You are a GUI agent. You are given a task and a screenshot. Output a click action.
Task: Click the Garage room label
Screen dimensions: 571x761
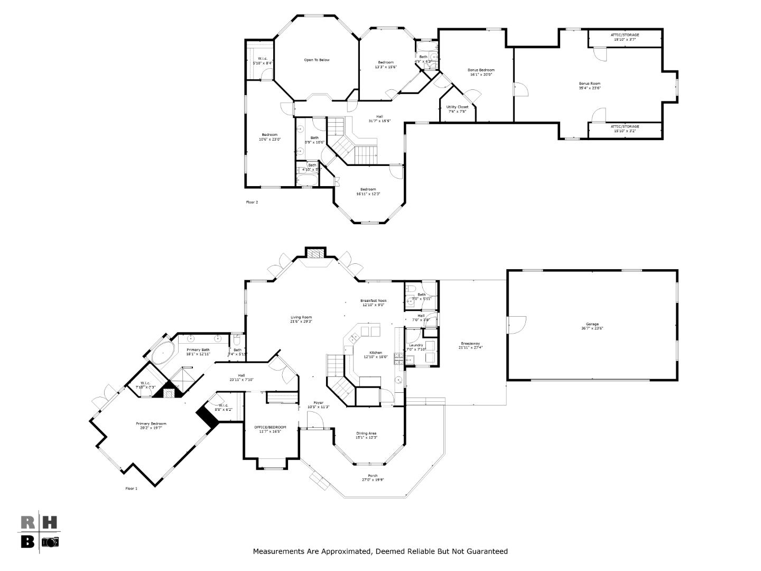pos(592,324)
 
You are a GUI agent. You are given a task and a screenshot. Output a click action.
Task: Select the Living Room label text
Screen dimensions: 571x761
pos(301,317)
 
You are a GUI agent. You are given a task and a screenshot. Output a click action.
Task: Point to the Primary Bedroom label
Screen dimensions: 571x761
pos(151,423)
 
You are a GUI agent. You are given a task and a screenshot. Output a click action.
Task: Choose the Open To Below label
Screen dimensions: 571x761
pos(317,60)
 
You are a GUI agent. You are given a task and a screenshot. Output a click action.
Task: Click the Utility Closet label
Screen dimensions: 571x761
pos(457,107)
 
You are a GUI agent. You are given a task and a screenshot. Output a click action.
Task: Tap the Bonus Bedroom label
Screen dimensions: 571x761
pos(481,70)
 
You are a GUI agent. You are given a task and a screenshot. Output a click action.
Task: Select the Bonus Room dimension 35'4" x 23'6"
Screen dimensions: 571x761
pos(590,88)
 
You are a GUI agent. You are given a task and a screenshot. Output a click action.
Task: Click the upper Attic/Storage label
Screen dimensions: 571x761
pos(625,35)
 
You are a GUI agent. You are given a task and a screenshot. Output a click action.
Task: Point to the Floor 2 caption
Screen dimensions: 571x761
pos(252,202)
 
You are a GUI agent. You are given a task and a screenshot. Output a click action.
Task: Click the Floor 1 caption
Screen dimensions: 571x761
pos(131,489)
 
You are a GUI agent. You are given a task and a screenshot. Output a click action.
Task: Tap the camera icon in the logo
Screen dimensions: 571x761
pos(51,541)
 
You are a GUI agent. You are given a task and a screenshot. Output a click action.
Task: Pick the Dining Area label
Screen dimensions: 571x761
pos(366,434)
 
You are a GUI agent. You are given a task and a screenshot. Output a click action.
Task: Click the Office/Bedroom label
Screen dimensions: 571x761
pos(270,427)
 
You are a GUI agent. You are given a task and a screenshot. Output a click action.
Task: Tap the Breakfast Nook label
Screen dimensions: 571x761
pos(374,300)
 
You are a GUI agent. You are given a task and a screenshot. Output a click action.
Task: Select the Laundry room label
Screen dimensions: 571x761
pos(416,345)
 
